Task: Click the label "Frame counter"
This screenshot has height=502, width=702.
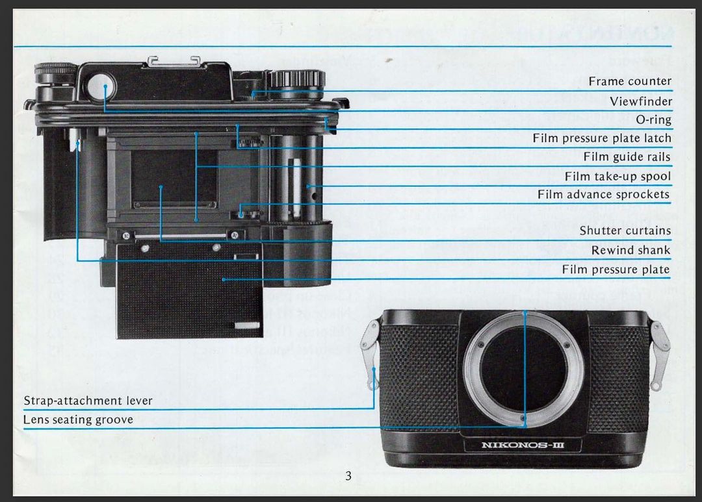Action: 630,81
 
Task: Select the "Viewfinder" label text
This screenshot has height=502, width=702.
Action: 640,101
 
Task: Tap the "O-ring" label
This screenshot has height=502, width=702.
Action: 653,119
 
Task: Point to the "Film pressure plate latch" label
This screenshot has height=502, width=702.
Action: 602,138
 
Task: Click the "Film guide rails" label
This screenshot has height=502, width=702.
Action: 627,157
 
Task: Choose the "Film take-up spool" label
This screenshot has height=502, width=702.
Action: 617,176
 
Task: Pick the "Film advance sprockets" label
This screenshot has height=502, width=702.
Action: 603,194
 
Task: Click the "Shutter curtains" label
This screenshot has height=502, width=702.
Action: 625,231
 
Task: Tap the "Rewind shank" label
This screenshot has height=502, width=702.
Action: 630,250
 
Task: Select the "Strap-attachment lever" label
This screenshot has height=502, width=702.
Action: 88,401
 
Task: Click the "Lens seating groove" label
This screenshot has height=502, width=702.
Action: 78,420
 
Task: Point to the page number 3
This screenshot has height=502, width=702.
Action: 348,476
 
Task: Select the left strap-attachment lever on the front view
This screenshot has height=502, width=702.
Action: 370,354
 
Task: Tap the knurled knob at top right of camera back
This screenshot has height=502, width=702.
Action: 297,81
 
